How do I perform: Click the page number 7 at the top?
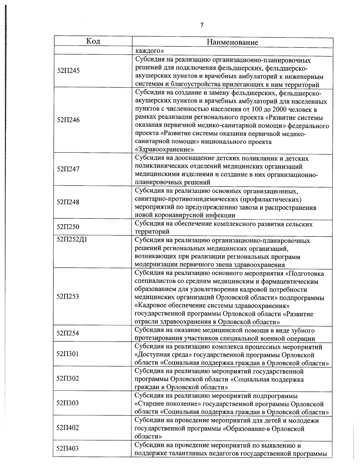tap(202, 25)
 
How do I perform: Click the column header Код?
tap(93, 41)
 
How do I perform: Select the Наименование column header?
tap(232, 42)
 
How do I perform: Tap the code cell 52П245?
tap(68, 71)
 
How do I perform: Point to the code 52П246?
tap(68, 120)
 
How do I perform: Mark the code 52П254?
tap(68, 333)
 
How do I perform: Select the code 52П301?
tap(68, 354)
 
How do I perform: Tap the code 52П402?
tap(68, 427)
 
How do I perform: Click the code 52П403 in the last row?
tap(68, 448)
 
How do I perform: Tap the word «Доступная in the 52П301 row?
tap(151, 355)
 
